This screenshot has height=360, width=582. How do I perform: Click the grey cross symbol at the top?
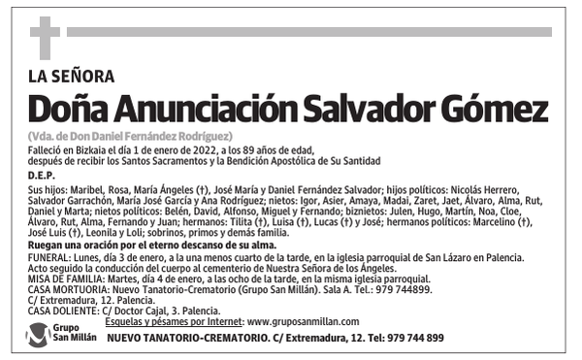(45, 38)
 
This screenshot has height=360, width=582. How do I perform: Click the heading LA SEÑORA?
(72, 77)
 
